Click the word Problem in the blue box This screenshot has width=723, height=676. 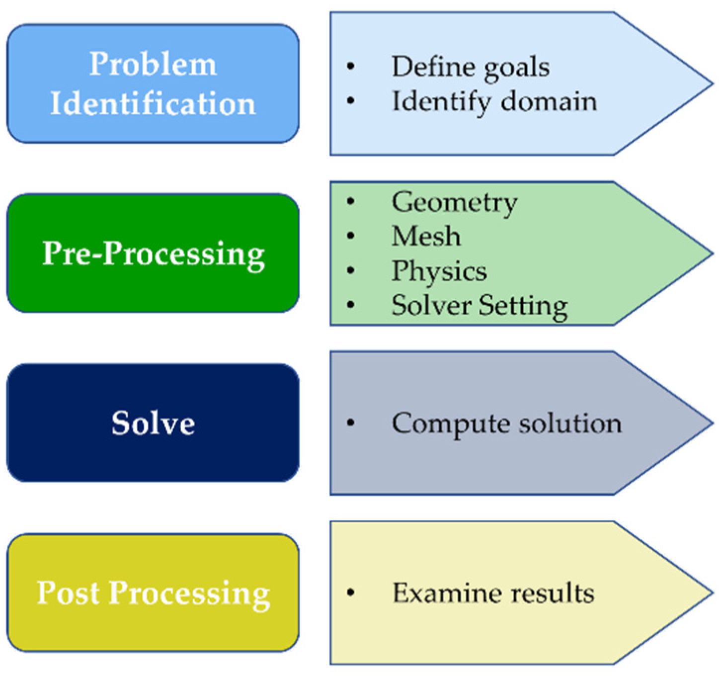(153, 65)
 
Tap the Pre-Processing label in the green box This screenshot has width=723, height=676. (153, 253)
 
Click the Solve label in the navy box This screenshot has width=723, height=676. (153, 423)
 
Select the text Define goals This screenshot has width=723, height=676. (470, 67)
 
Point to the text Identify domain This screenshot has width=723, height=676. (494, 101)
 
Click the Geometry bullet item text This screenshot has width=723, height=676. (454, 202)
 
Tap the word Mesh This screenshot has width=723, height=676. (426, 236)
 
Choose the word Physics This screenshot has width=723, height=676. (439, 271)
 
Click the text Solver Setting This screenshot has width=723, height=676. (479, 306)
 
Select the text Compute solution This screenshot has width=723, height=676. (506, 424)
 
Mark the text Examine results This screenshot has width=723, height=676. (493, 593)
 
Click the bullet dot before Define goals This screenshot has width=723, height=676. (351, 67)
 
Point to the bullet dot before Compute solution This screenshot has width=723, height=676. (351, 423)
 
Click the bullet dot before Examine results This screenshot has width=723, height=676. (351, 592)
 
